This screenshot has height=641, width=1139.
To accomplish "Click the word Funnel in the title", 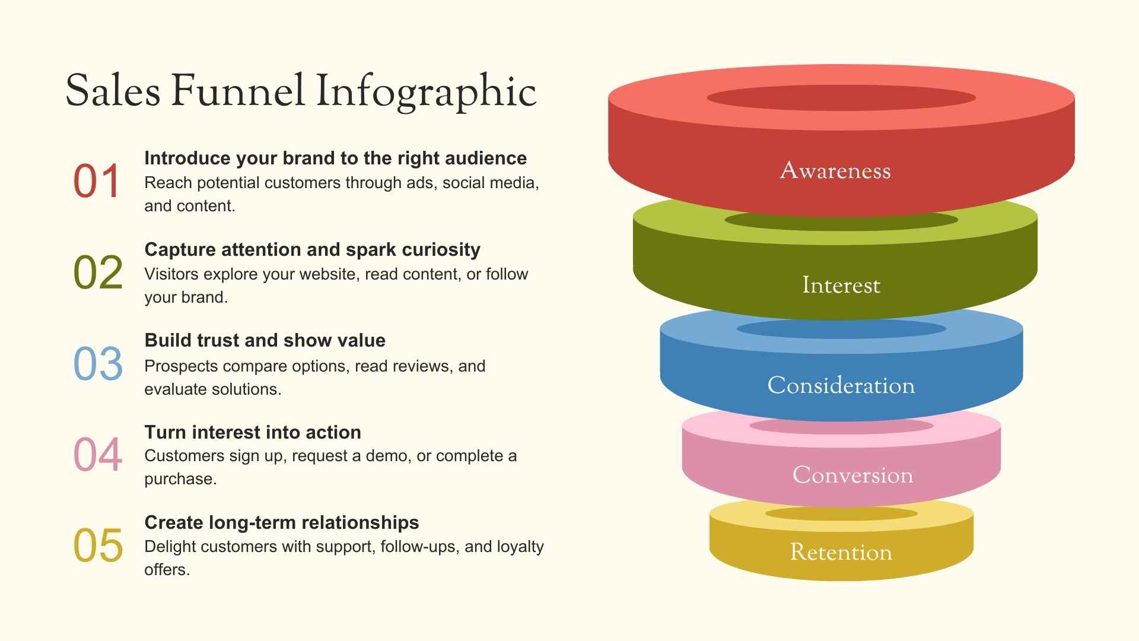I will [x=237, y=91].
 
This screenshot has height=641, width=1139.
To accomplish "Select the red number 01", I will [x=97, y=181].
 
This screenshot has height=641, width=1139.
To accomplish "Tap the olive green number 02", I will [x=98, y=272].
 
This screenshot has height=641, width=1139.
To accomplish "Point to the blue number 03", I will [x=98, y=364].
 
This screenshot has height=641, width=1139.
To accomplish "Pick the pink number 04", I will [x=98, y=455].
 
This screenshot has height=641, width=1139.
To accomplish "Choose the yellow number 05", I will [x=98, y=546].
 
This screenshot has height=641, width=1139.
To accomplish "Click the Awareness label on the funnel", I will [x=835, y=171].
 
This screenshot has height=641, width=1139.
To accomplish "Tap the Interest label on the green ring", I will [x=841, y=285].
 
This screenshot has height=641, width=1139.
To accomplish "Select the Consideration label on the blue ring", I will [x=841, y=386].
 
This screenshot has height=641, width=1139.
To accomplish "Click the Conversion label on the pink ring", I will [x=853, y=475].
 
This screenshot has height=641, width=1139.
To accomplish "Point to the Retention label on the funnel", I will [x=841, y=553].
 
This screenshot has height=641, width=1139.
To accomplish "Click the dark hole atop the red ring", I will [x=841, y=98].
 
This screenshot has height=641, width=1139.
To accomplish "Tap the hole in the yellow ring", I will [x=841, y=513].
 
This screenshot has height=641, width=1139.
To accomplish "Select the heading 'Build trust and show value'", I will [x=265, y=341].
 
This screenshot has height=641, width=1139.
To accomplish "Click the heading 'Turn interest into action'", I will [x=253, y=432].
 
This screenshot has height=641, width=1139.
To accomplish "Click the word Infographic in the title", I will [x=426, y=91].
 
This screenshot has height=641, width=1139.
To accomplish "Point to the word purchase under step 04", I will [x=180, y=480].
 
